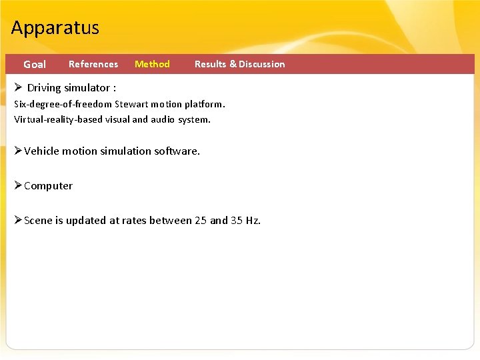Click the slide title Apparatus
[x=55, y=28]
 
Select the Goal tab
[x=35, y=65]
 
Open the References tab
[x=93, y=65]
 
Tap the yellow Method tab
[x=152, y=65]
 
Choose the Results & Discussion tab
[x=239, y=65]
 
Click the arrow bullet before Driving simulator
[x=19, y=87]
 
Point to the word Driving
[x=44, y=88]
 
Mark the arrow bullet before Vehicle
[x=19, y=151]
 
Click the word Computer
[x=49, y=186]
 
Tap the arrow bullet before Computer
[x=19, y=185]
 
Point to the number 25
[x=201, y=221]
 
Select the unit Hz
[x=253, y=221]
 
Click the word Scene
[x=38, y=221]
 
